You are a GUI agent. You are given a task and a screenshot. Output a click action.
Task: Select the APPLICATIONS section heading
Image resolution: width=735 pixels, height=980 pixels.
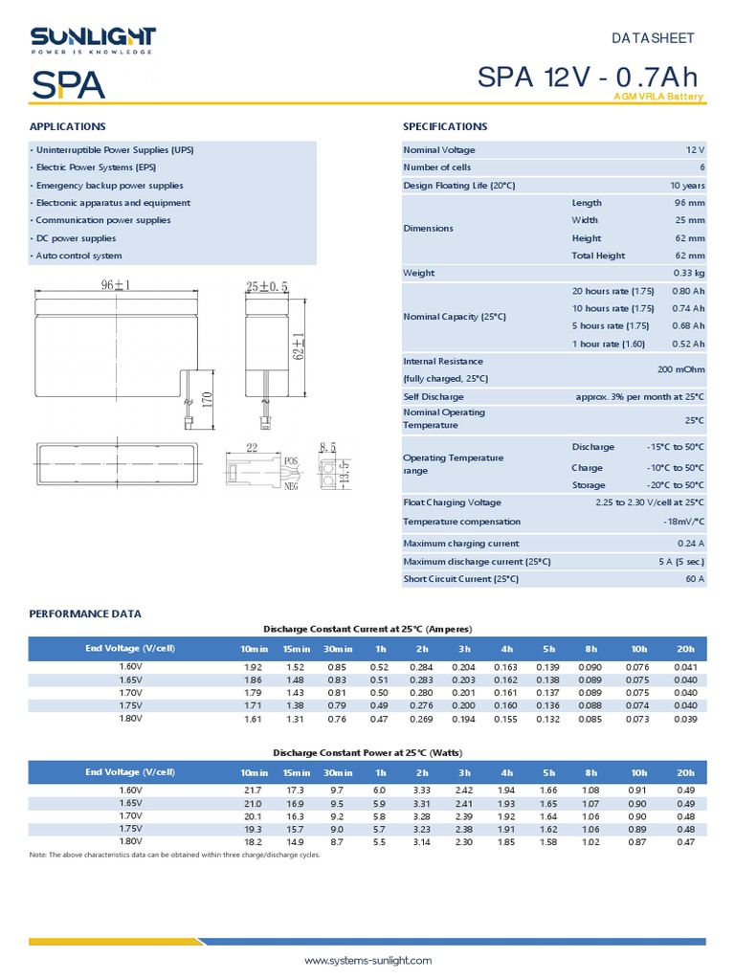pyautogui.click(x=68, y=126)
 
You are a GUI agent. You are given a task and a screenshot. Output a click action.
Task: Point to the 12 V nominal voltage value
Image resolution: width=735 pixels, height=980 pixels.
pyautogui.click(x=695, y=150)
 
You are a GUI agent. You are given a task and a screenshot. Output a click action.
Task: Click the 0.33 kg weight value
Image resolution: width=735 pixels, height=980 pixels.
pyautogui.click(x=689, y=273)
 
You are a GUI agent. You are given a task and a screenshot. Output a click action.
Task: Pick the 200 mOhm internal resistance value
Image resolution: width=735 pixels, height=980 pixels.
pyautogui.click(x=681, y=369)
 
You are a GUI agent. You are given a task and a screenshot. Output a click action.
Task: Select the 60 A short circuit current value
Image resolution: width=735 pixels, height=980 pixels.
pyautogui.click(x=695, y=579)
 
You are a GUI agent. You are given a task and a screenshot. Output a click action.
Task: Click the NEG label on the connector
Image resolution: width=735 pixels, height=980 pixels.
pyautogui.click(x=292, y=485)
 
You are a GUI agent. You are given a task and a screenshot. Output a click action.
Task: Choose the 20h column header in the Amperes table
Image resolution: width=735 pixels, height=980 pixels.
pyautogui.click(x=685, y=649)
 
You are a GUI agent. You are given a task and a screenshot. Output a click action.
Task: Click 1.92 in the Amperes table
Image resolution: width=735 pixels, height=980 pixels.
pyautogui.click(x=253, y=666)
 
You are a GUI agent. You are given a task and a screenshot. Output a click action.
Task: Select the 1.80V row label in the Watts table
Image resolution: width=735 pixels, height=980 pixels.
pyautogui.click(x=130, y=841)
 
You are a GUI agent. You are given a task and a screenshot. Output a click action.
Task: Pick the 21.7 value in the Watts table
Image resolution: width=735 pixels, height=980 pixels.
pyautogui.click(x=253, y=790)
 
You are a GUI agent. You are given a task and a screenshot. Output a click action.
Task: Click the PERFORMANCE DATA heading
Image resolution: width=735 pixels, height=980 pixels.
pyautogui.click(x=85, y=613)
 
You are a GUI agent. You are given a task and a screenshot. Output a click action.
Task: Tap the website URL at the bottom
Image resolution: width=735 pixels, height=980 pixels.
pyautogui.click(x=368, y=960)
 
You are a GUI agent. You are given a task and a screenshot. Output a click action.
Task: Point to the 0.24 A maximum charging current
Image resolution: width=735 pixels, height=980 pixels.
pyautogui.click(x=690, y=544)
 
